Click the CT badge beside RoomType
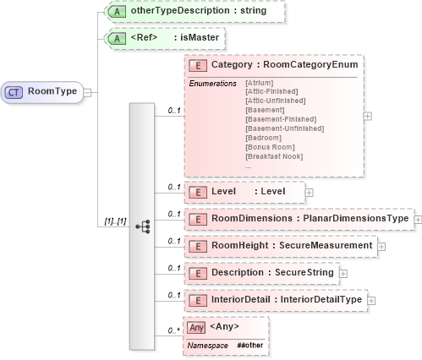point(15,90)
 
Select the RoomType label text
point(48,90)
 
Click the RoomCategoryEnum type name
point(311,64)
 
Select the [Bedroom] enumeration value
point(263,138)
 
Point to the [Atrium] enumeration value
point(259,83)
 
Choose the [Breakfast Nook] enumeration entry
point(274,156)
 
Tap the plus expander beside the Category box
point(368,117)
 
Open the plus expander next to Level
point(309,193)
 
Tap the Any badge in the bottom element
point(197,326)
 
